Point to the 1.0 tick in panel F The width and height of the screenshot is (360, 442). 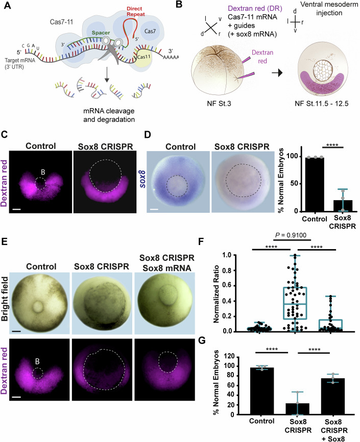click(243, 255)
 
